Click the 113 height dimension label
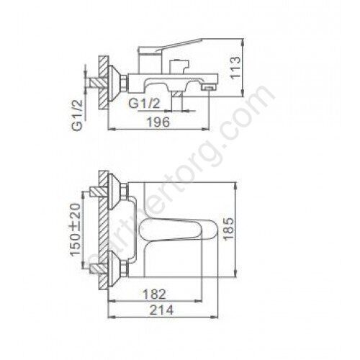(x=235, y=67)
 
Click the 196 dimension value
(x=158, y=122)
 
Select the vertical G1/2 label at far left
(x=77, y=115)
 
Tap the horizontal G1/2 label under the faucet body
(x=144, y=104)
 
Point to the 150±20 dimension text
(x=76, y=230)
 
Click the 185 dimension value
(x=228, y=228)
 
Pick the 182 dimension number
(x=154, y=294)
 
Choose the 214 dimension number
(x=161, y=310)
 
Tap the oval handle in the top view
(x=178, y=230)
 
